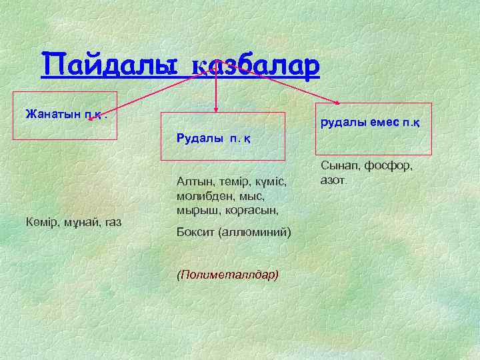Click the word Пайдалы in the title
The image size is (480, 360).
(110, 65)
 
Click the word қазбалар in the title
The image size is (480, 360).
(256, 66)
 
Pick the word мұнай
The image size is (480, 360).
(79, 221)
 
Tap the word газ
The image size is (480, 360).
(111, 221)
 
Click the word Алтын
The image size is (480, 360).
(194, 181)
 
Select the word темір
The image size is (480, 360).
(232, 181)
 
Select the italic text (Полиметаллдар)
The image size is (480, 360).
(227, 274)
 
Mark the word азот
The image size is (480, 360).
(334, 179)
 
